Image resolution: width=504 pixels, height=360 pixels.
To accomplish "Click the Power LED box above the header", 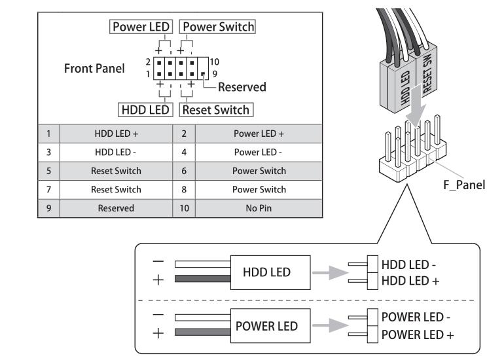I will [x=141, y=27].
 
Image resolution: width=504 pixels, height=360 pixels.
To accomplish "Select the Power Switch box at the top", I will [x=219, y=27].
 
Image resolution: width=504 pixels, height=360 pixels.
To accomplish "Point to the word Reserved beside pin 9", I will [x=242, y=86].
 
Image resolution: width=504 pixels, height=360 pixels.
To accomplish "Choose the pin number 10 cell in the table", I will [x=183, y=208].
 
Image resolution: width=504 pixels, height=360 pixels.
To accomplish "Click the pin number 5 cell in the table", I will [x=49, y=171].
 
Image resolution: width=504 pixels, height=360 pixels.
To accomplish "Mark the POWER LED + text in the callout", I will [x=418, y=334].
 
